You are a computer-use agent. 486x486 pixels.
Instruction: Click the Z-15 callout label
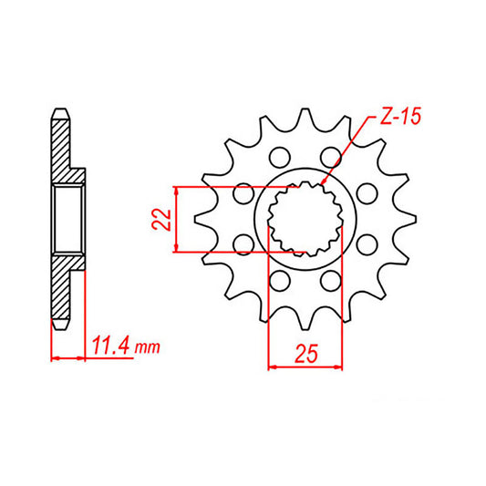click(x=397, y=119)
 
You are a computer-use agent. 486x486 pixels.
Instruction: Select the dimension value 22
click(x=160, y=219)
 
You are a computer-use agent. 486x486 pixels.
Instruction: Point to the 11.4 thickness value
click(x=110, y=346)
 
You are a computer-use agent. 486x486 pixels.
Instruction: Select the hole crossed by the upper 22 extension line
click(x=242, y=192)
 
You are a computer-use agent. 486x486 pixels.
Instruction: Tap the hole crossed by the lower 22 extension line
click(x=243, y=243)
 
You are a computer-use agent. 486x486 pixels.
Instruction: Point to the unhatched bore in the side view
click(x=70, y=219)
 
